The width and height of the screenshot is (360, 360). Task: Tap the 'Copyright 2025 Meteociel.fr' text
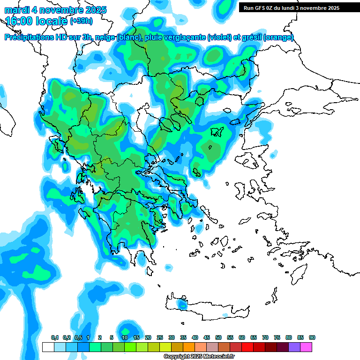(199, 357)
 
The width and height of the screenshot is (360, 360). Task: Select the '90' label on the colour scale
(312, 337)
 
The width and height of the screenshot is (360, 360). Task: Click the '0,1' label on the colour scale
(54, 337)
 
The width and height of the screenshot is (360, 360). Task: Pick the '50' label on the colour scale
(218, 337)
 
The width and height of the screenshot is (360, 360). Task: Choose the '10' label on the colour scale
(125, 337)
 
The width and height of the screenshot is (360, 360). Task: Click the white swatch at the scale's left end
(48, 347)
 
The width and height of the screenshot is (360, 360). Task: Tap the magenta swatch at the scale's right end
(306, 347)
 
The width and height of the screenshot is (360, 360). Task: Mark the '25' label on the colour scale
(160, 337)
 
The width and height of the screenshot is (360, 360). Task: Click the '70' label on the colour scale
(265, 337)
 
